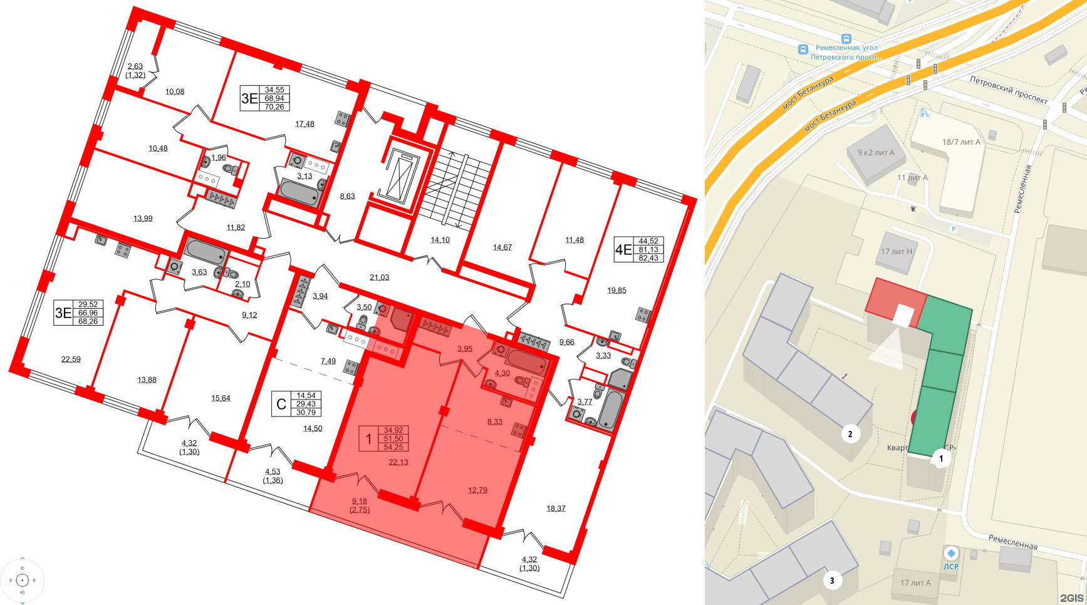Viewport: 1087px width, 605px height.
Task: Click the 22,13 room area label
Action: pos(398,462)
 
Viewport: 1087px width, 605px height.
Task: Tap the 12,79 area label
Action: pos(477,490)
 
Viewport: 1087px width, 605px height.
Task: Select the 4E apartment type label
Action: pos(623,250)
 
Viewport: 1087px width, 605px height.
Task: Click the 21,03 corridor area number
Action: pos(379,277)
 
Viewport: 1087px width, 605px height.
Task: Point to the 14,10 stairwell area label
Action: pos(440,240)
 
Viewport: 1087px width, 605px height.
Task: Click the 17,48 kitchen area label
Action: pos(304,124)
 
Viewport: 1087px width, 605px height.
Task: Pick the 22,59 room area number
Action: pos(71,359)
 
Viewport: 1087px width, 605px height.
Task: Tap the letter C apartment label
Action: pos(281,405)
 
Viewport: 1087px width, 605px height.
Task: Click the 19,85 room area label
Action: pos(616,290)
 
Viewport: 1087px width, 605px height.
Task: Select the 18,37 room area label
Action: pos(556,509)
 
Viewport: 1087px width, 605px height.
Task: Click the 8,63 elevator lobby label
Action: pos(347,196)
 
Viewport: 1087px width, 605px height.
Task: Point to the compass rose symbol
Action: pos(23,580)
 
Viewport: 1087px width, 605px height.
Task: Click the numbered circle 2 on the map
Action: pos(850,433)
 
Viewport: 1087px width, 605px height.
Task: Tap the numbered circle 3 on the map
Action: pos(832,580)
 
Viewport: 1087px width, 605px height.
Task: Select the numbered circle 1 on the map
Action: pos(940,458)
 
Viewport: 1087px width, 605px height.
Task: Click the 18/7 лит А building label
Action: pos(961,142)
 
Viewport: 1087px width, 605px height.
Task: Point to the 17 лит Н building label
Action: pos(897,252)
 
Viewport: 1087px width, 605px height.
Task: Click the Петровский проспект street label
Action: pos(1008,90)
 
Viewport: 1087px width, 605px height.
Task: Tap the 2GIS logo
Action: pos(1071,597)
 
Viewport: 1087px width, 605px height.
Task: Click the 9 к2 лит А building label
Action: pos(876,152)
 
